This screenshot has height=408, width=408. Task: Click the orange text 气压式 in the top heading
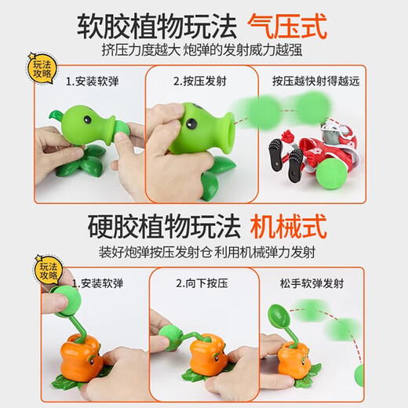tap(287, 27)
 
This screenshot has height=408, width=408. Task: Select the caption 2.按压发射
tap(200, 81)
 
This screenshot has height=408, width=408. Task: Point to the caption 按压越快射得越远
tap(316, 81)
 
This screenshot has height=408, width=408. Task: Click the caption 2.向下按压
tap(202, 283)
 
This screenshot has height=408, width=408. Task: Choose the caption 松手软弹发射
tap(311, 283)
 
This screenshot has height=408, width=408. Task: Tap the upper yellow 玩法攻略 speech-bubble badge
tap(42, 69)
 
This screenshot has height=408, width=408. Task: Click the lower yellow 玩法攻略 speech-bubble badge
tap(49, 271)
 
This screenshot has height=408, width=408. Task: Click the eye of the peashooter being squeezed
tap(191, 123)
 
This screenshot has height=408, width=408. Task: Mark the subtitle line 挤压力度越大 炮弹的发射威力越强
tap(202, 50)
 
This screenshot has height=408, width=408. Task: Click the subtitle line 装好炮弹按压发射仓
tap(155, 253)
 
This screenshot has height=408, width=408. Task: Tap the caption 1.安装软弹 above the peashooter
tap(92, 82)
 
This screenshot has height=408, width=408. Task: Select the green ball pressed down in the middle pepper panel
tap(170, 336)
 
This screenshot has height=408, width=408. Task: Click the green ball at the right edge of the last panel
tap(359, 375)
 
